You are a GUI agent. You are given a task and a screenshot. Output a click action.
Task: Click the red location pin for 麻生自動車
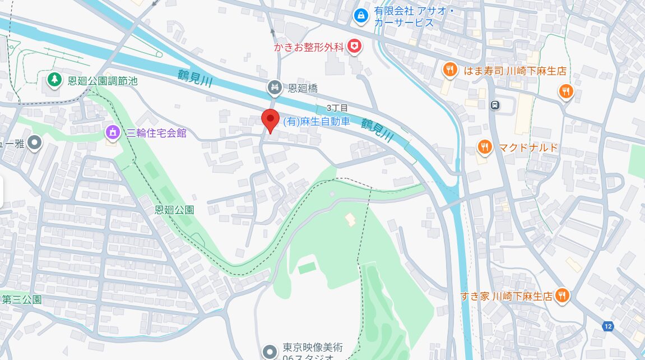click(271, 119)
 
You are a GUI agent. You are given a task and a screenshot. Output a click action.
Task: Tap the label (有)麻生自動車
click(316, 121)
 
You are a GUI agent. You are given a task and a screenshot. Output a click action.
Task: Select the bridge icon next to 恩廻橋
click(274, 87)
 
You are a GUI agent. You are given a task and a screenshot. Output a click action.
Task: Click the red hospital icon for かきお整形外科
click(354, 47)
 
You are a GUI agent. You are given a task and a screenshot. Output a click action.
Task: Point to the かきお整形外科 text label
click(308, 47)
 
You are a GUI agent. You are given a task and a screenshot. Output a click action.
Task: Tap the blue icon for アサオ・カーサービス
click(361, 16)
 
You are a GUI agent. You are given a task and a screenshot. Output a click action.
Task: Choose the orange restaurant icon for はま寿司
click(449, 70)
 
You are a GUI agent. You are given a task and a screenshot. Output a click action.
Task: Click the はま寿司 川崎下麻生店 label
click(514, 71)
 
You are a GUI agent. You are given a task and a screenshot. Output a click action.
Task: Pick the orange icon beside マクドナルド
click(485, 147)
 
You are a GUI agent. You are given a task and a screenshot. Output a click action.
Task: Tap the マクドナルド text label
click(528, 147)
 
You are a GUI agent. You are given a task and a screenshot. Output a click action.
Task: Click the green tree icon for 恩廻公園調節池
click(54, 80)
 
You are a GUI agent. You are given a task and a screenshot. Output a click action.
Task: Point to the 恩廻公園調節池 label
click(102, 81)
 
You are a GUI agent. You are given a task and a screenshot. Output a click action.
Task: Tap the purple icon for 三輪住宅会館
click(113, 133)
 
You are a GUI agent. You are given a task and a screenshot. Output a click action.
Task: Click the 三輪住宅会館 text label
click(156, 133)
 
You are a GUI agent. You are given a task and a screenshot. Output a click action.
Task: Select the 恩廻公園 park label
click(174, 210)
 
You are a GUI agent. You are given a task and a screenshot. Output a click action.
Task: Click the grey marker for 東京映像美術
click(270, 352)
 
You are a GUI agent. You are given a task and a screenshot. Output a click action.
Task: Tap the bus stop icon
click(495, 104)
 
